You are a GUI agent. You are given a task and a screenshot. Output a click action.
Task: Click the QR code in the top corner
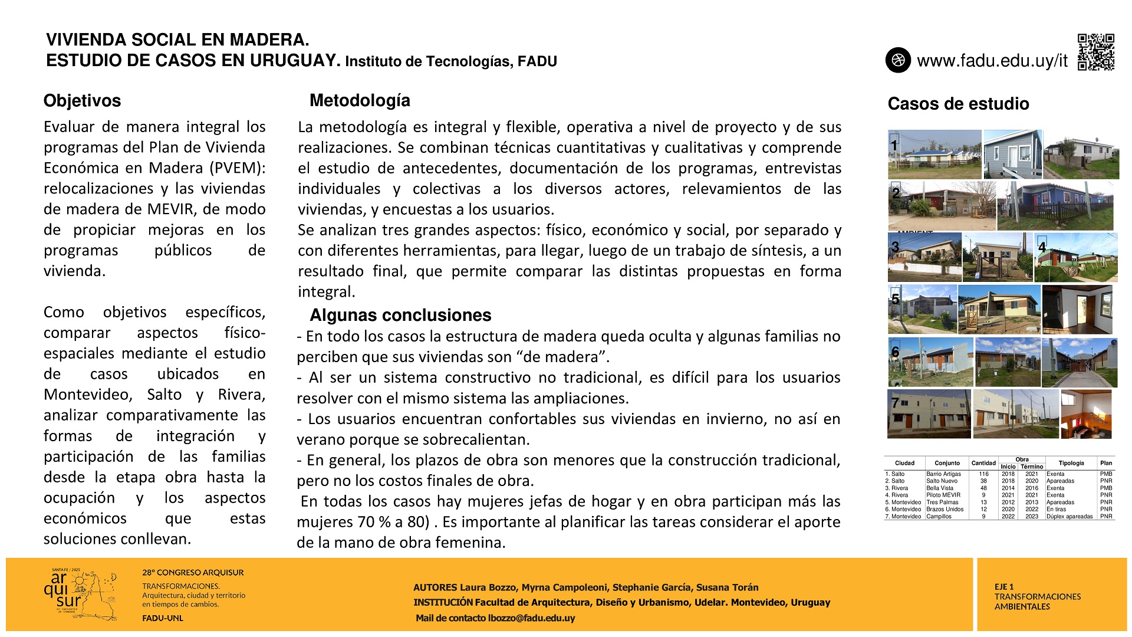pos(1096,52)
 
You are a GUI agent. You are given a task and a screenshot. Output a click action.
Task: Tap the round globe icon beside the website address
pos(898,60)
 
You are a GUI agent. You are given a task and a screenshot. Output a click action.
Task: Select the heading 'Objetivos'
pos(82,101)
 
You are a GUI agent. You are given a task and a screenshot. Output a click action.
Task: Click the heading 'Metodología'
pos(360,100)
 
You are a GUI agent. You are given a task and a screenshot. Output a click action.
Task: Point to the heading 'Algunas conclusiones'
pos(400,315)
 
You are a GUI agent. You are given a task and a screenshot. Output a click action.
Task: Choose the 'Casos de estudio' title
pos(958,104)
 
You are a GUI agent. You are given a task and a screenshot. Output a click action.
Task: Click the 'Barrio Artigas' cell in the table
pos(943,474)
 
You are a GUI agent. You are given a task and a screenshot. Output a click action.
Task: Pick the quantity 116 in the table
pos(983,474)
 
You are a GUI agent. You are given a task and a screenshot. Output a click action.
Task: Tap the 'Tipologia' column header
pos(1071,463)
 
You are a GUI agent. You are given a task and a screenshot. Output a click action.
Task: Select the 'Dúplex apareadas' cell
pos(1069,517)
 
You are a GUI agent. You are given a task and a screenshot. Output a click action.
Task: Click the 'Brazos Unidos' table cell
pos(945,510)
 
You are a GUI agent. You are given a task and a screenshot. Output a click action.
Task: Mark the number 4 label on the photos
pos(1042,247)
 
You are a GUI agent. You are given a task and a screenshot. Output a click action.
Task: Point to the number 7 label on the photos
pos(895,403)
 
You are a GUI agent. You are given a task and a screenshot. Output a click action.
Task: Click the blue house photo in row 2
pos(1055,206)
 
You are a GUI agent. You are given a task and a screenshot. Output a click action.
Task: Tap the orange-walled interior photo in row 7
pos(1085,414)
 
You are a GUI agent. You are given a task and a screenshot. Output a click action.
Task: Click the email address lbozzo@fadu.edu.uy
pos(531,618)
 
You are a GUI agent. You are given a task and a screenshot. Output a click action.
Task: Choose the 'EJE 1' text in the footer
pos(1004,587)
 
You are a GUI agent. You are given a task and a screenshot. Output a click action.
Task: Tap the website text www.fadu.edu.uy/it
pos(992,61)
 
